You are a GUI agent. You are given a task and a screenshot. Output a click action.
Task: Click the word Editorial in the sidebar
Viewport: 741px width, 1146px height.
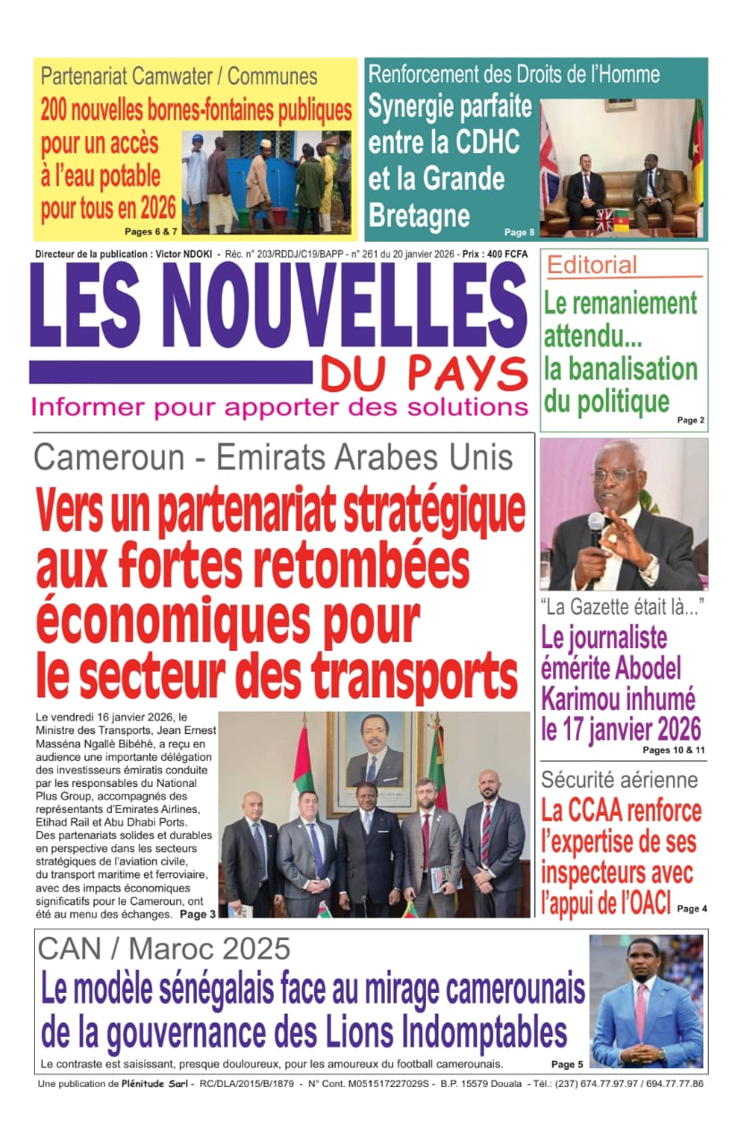click(x=592, y=265)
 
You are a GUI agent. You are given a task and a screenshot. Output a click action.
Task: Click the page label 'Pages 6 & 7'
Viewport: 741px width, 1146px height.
click(x=150, y=232)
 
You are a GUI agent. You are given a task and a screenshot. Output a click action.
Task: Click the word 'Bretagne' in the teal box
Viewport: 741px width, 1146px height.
click(x=419, y=215)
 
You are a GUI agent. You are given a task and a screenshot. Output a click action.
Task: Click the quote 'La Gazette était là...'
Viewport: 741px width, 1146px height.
click(x=621, y=608)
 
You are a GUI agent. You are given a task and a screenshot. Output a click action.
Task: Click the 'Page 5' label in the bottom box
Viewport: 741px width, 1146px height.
click(x=566, y=1065)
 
